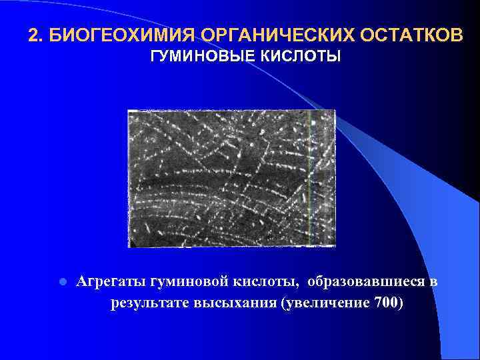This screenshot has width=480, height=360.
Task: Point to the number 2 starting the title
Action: pyautogui.click(x=33, y=35)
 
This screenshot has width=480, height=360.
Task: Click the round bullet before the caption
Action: pyautogui.click(x=61, y=282)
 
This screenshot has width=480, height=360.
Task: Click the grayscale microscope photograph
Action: pyautogui.click(x=231, y=178)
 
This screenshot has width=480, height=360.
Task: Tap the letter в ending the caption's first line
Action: pyautogui.click(x=433, y=282)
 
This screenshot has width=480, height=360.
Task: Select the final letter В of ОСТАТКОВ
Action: pyautogui.click(x=455, y=35)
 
